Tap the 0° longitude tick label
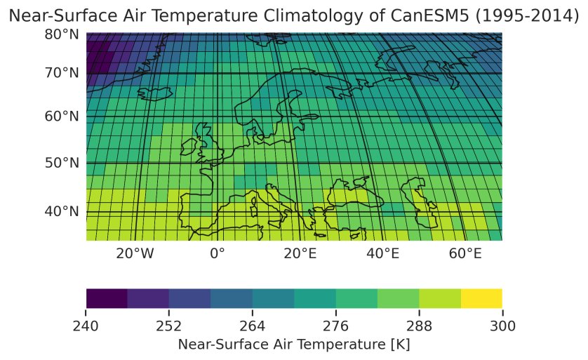[218, 253]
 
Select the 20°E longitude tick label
[300, 253]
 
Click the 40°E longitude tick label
[383, 253]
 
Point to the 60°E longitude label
[466, 253]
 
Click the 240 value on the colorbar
[86, 325]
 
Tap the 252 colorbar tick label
[169, 325]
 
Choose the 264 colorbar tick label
[253, 325]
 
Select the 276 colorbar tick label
[335, 325]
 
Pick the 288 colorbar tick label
[419, 325]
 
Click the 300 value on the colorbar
[502, 325]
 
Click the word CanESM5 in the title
[420, 15]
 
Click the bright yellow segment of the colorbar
[481, 298]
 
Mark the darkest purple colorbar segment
[107, 298]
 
